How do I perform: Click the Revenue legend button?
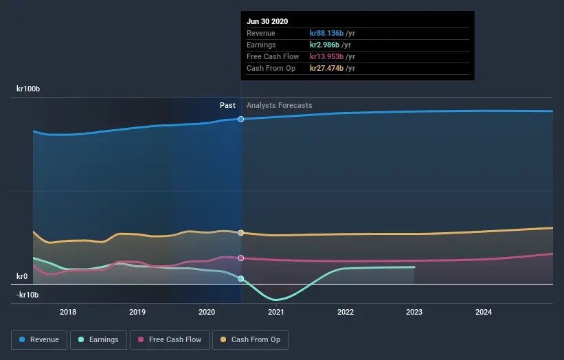click(40, 339)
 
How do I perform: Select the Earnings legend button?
click(99, 339)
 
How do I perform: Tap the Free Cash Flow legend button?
click(170, 339)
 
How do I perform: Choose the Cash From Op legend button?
click(251, 339)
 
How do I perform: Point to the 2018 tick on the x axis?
click(67, 311)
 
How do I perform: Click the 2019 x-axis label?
click(137, 311)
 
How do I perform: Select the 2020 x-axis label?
click(207, 311)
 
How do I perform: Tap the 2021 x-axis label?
click(276, 311)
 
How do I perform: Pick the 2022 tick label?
click(346, 311)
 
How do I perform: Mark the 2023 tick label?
click(414, 311)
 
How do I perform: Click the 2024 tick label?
click(484, 311)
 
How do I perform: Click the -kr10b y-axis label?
click(27, 295)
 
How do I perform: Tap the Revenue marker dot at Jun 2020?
click(241, 119)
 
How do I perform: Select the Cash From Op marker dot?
click(241, 233)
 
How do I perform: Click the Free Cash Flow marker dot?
click(241, 258)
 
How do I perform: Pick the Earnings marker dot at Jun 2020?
click(241, 278)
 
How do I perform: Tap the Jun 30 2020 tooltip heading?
click(267, 21)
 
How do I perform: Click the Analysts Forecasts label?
click(279, 105)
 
